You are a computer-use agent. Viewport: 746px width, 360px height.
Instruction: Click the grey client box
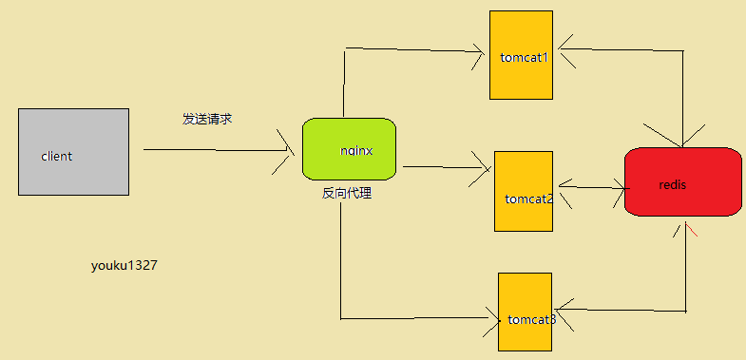pos(73,152)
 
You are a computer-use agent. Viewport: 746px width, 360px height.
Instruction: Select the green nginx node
pos(349,149)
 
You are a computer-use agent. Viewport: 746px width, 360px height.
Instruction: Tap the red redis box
pos(682,181)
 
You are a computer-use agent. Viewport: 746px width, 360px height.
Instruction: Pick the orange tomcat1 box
pos(521,55)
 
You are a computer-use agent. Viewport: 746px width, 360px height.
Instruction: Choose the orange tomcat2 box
pos(523,191)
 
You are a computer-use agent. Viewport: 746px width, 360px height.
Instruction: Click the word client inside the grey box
pos(57,156)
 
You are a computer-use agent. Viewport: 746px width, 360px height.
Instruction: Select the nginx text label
pos(355,150)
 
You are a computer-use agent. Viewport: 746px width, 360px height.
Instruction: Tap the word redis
pos(672,184)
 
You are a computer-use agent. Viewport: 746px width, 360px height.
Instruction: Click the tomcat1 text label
pos(525,57)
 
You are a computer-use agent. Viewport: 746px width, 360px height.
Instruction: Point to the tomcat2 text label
pos(529,199)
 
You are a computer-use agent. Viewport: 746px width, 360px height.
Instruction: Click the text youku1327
pos(124,266)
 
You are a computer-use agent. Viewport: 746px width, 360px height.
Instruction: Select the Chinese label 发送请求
pos(207,120)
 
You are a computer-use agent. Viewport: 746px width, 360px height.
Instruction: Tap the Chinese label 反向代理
pos(346,194)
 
